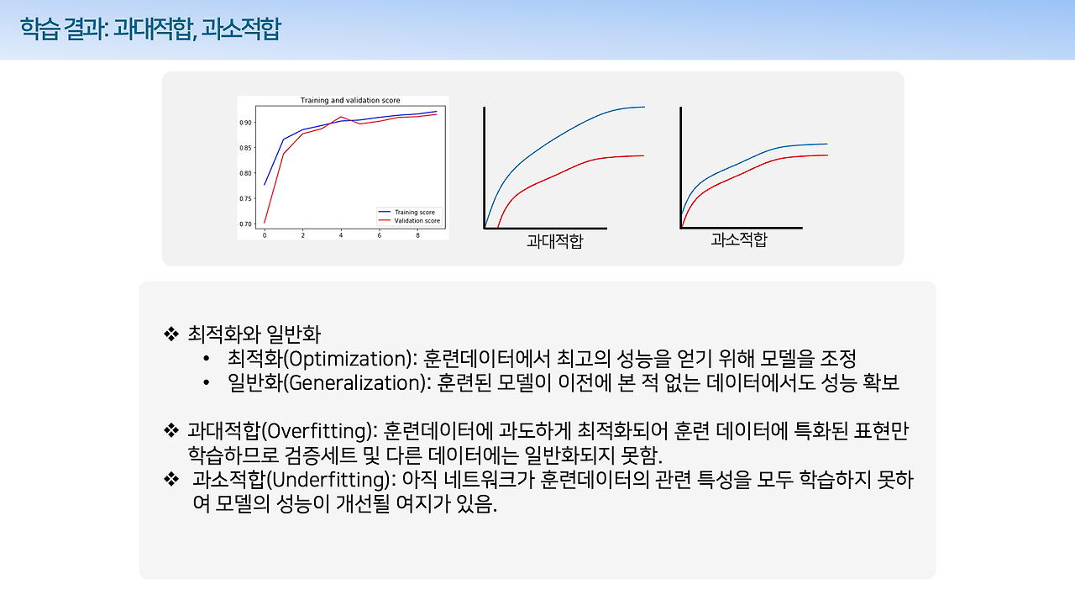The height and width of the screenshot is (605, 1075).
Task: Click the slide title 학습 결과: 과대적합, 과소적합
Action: pos(150,29)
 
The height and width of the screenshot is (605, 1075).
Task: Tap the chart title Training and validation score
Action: pos(350,101)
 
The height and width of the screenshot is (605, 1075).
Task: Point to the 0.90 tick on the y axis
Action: pos(245,123)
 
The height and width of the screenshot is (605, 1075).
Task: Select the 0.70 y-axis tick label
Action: pos(245,224)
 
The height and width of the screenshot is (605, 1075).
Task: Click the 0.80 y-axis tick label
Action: pos(245,173)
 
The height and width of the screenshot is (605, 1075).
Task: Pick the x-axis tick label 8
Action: pos(417,236)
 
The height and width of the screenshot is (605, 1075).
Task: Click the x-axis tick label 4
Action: pos(341,236)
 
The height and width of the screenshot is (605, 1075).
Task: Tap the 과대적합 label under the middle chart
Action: pos(554,242)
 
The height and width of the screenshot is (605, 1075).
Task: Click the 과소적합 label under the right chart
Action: pos(738,240)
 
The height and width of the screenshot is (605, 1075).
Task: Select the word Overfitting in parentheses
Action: pos(320,432)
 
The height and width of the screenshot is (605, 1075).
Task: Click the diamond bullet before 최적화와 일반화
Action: pos(172,334)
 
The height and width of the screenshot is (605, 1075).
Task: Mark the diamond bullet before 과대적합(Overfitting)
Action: pos(172,432)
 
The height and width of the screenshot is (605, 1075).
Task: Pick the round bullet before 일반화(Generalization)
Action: pos(206,383)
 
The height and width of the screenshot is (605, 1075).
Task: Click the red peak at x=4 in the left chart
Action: pos(341,117)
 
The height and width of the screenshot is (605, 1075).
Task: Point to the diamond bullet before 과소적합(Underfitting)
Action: pos(172,481)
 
